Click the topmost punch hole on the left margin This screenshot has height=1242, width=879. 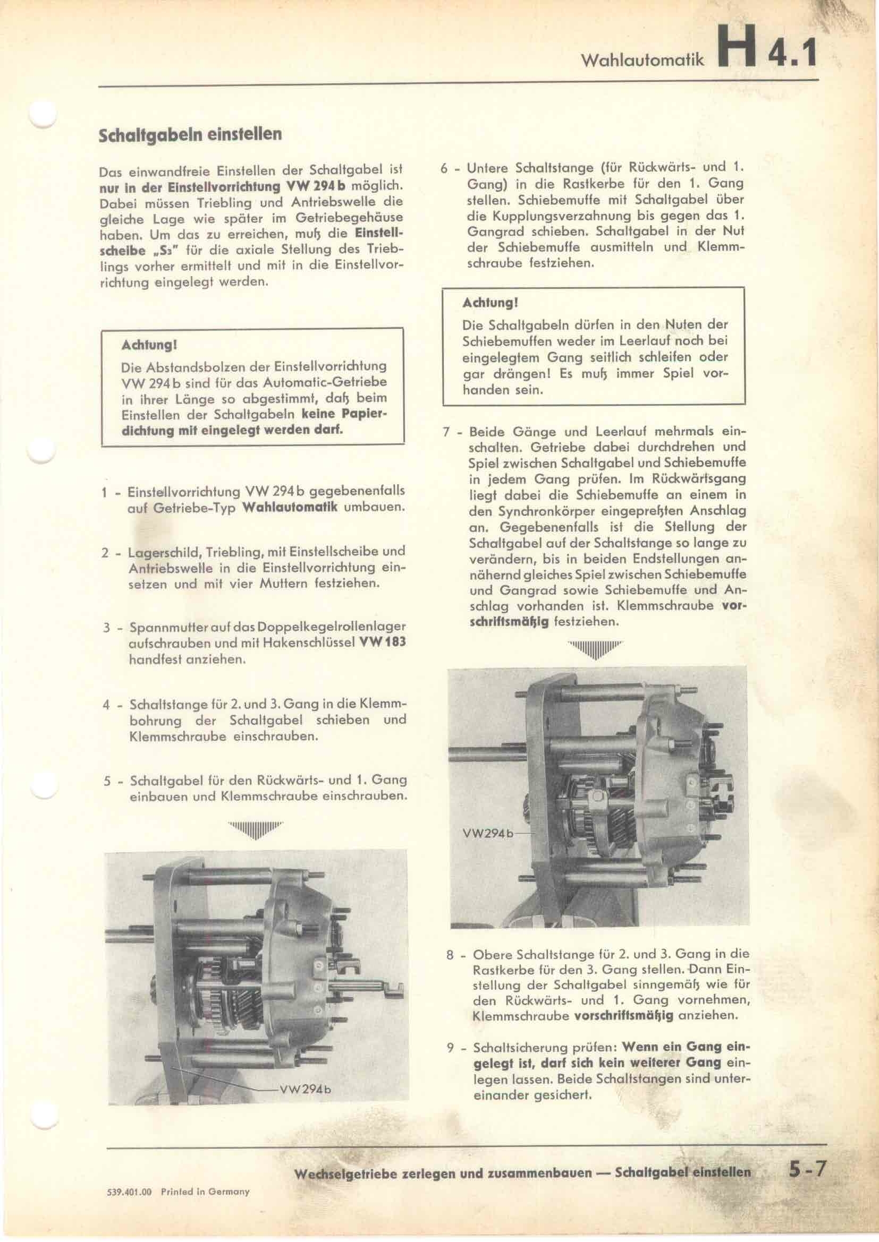tap(43, 115)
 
